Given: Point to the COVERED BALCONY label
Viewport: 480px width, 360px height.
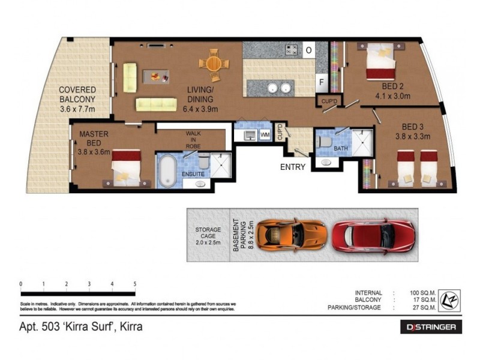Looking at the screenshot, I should point(77,100).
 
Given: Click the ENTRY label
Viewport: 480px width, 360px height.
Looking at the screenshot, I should point(293,167).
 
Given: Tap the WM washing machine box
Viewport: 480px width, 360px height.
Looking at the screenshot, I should point(265,136).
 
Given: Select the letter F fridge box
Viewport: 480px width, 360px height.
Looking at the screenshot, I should point(322,82).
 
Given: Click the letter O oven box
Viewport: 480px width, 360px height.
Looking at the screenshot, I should point(308,50).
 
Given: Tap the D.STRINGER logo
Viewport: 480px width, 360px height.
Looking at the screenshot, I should point(431,327).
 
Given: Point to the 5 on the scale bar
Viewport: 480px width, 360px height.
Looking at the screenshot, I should point(135,284).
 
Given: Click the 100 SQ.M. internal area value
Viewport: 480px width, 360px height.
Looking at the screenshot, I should point(424,293).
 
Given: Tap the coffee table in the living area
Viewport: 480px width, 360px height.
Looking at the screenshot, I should point(156,77).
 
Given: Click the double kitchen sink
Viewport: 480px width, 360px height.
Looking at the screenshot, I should point(278,88).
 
